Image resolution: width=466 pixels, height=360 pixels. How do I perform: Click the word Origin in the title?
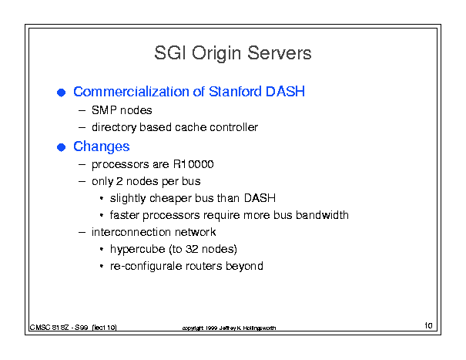pos(216,53)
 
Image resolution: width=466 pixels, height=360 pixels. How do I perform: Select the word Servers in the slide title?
pos(280,53)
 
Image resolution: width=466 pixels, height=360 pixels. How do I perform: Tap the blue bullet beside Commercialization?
pos(61,93)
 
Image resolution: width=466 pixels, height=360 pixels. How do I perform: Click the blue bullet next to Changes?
pos(61,147)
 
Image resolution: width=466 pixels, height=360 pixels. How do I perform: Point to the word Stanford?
pos(235,91)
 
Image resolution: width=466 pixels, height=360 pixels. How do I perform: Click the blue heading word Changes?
pos(102,146)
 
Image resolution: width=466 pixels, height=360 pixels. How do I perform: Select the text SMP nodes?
pos(122,110)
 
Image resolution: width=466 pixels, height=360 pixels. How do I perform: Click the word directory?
pos(114,128)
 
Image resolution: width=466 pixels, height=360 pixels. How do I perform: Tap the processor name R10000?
pos(193,164)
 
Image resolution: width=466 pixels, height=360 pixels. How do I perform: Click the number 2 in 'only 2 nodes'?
pos(119,181)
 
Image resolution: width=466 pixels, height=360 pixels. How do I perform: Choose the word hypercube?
pos(138,249)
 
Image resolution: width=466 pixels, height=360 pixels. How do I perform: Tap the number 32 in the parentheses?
pos(191,249)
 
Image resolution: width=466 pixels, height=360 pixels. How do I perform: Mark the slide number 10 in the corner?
pos(428,325)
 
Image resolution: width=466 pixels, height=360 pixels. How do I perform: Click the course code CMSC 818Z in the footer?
pos(49,328)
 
